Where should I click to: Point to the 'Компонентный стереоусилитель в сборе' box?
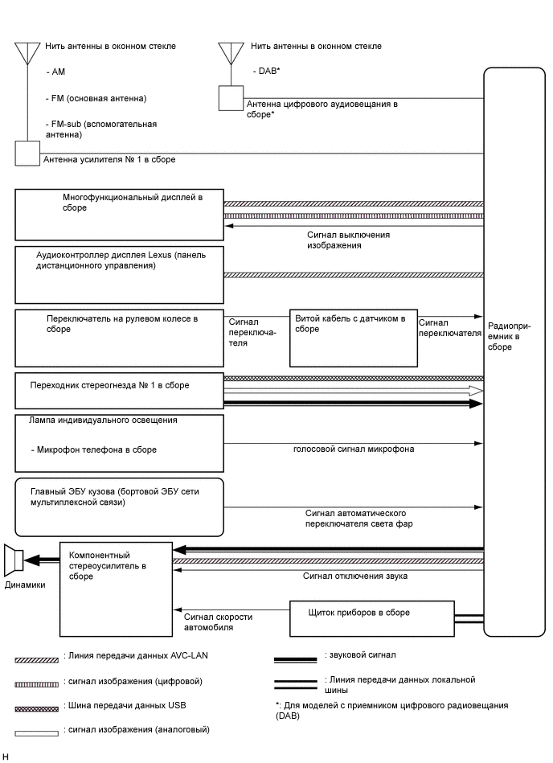[x=115, y=588]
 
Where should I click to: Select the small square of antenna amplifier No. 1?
[x=27, y=153]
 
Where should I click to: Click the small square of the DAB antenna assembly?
[x=230, y=98]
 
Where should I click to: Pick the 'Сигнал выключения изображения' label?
[x=348, y=240]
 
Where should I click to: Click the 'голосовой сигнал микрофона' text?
[x=353, y=449]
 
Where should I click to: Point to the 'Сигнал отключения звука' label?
[x=354, y=576]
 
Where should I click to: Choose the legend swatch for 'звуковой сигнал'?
[x=295, y=659]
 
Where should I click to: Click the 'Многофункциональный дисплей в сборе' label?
[x=132, y=202]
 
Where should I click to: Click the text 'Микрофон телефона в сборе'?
[x=94, y=449]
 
